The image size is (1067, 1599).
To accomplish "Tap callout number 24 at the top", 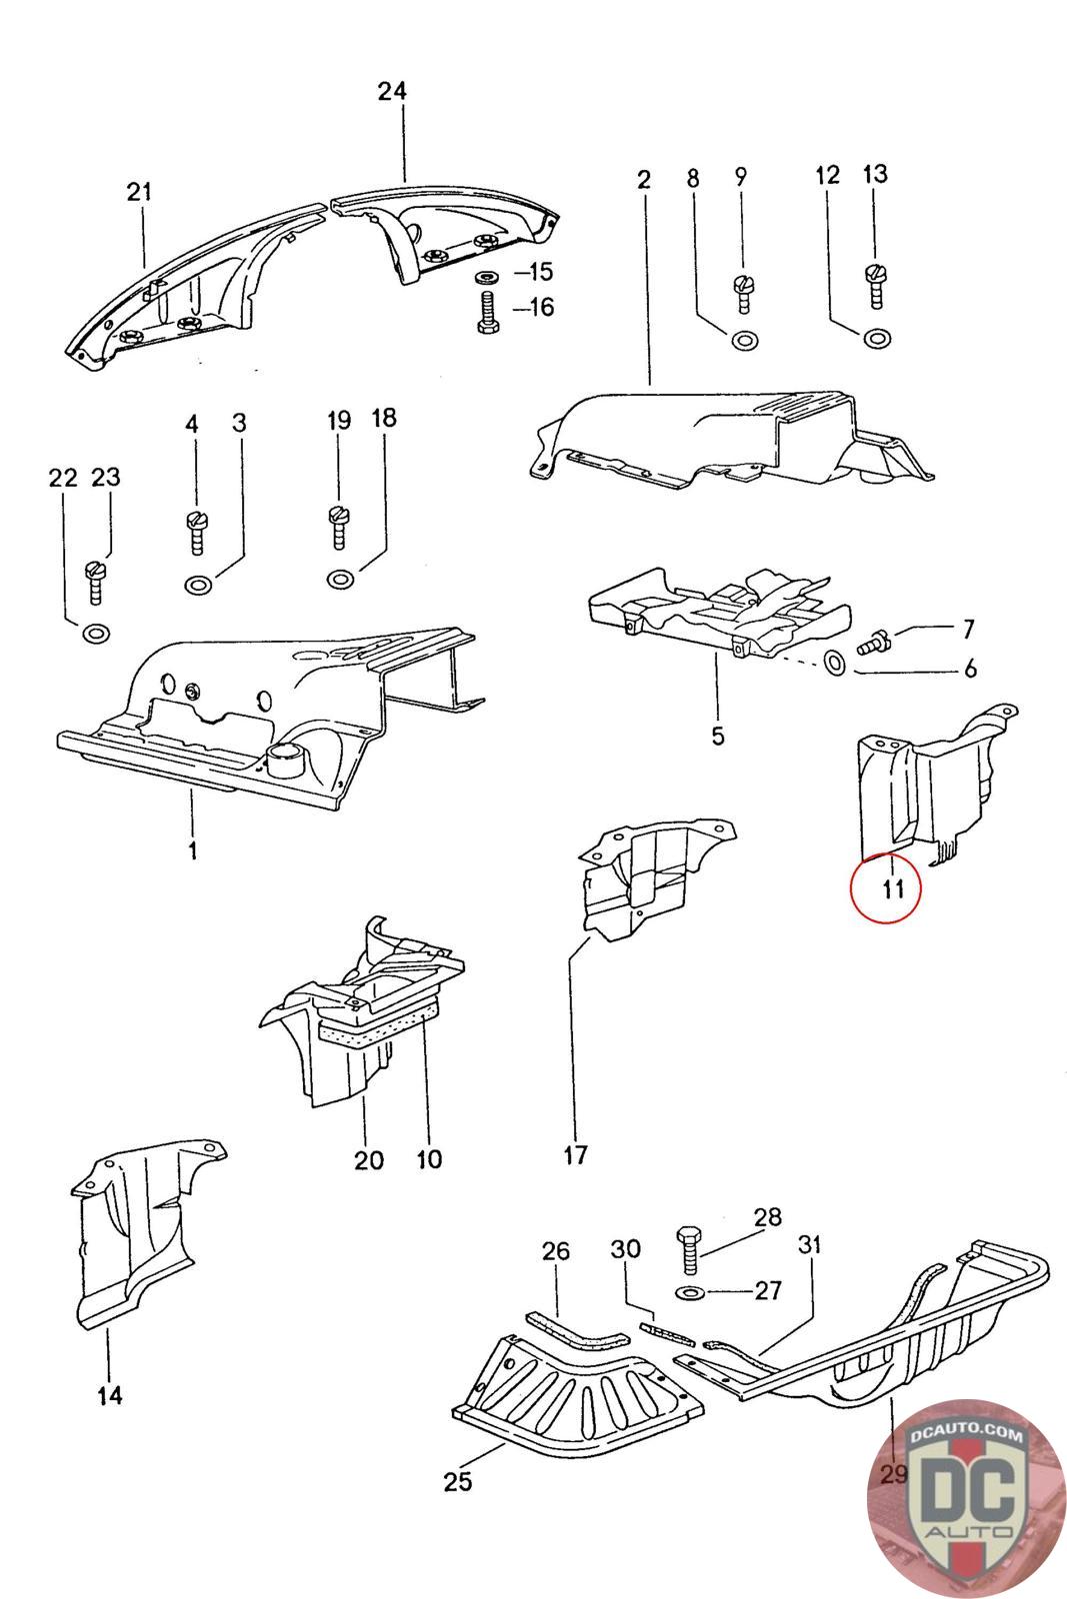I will (392, 92).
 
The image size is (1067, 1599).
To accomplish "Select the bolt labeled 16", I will (487, 312).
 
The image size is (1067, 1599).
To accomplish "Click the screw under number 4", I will (195, 531).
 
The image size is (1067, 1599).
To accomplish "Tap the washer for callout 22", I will (96, 633).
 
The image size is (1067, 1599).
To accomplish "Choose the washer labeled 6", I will (835, 663).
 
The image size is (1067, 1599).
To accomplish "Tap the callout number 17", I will (575, 1156).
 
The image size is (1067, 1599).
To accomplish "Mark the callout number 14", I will (110, 1395).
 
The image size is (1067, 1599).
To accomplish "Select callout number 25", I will (457, 1481).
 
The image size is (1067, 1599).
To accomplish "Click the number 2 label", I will (643, 180).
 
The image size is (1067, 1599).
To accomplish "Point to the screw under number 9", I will (742, 293).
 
